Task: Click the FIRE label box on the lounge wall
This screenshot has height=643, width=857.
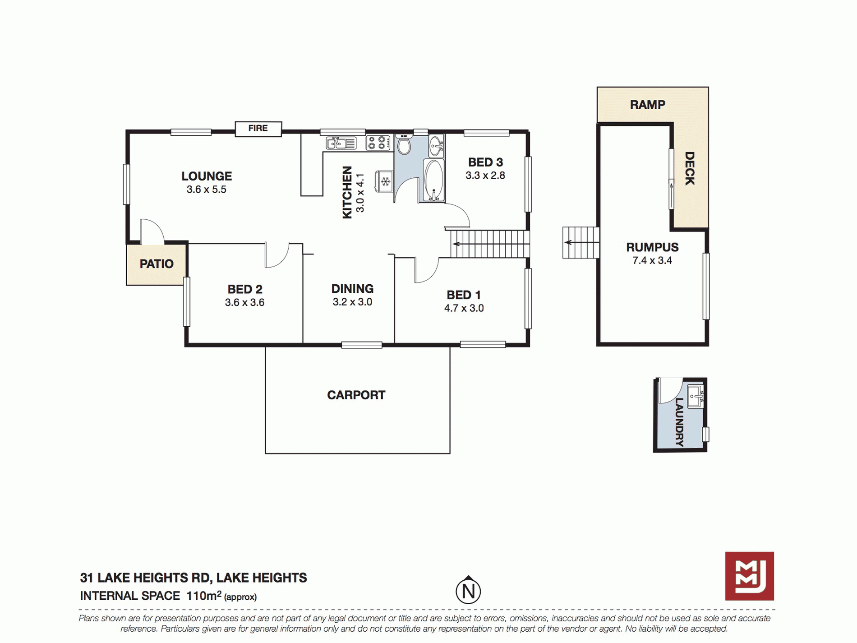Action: tap(258, 129)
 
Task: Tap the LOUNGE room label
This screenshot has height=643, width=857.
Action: tap(207, 176)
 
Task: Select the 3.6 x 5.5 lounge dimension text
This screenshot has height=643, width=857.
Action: tap(207, 190)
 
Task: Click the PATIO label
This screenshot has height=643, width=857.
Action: tap(157, 264)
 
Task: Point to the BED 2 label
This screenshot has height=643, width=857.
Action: tap(245, 289)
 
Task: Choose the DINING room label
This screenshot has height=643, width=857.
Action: tap(352, 288)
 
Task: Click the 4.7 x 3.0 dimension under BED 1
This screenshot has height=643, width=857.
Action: tap(464, 308)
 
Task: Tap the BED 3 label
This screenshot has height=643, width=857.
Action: tap(485, 162)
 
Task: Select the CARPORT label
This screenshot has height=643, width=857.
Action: tap(356, 395)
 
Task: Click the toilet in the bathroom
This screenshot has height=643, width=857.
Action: tap(404, 144)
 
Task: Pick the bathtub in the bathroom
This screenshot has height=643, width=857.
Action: tap(433, 180)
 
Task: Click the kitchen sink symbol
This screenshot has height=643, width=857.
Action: tap(341, 143)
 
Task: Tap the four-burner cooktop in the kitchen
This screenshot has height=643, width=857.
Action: tap(378, 143)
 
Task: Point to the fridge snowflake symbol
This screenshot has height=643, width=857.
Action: tap(385, 181)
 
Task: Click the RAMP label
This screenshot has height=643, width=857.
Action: tap(647, 105)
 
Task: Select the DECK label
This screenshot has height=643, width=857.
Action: tap(690, 168)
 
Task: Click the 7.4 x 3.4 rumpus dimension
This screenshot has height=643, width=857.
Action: tap(652, 260)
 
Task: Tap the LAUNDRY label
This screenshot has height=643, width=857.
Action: tap(679, 422)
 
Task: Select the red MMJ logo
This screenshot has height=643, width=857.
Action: tap(750, 576)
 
